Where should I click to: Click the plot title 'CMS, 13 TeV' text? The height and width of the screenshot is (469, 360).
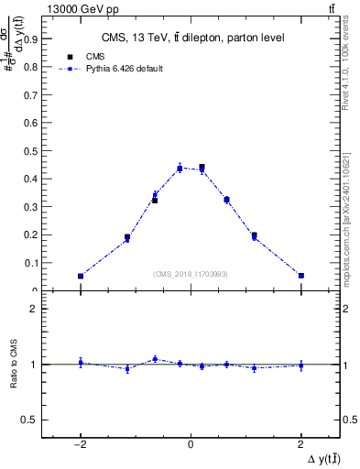[x=191, y=38]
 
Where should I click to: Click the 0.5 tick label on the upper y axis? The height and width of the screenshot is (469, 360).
[x=31, y=151]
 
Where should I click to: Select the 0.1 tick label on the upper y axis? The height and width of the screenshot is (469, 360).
[x=31, y=263]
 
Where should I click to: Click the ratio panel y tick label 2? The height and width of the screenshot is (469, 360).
[x=36, y=310]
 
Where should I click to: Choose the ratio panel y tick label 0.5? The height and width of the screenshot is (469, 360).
[x=31, y=420]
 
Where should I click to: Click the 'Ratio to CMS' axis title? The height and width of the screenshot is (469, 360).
[x=13, y=365]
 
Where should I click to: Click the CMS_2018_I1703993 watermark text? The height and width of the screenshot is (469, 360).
[x=191, y=273]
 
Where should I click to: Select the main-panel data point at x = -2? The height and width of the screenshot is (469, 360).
[x=81, y=276]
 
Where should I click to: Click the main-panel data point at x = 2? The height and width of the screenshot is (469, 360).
[x=301, y=276]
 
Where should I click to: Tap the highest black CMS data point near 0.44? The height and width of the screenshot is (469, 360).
[x=202, y=168]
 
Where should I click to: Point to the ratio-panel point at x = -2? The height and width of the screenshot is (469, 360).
[x=81, y=363]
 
